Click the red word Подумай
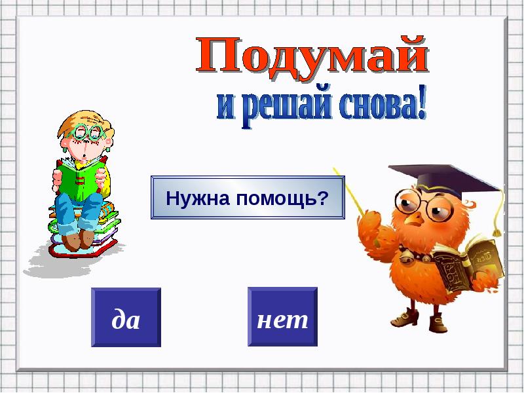312,56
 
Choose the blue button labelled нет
282,317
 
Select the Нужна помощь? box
248,198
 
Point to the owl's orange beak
415,219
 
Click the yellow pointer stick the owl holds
349,191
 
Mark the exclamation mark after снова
421,102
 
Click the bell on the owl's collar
405,256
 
